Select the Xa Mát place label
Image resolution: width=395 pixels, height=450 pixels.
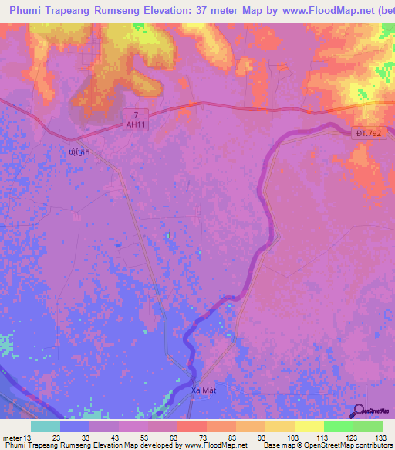point(204,392)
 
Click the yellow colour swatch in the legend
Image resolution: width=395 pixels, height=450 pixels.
point(309,426)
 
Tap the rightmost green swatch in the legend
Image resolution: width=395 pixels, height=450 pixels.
point(367,426)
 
